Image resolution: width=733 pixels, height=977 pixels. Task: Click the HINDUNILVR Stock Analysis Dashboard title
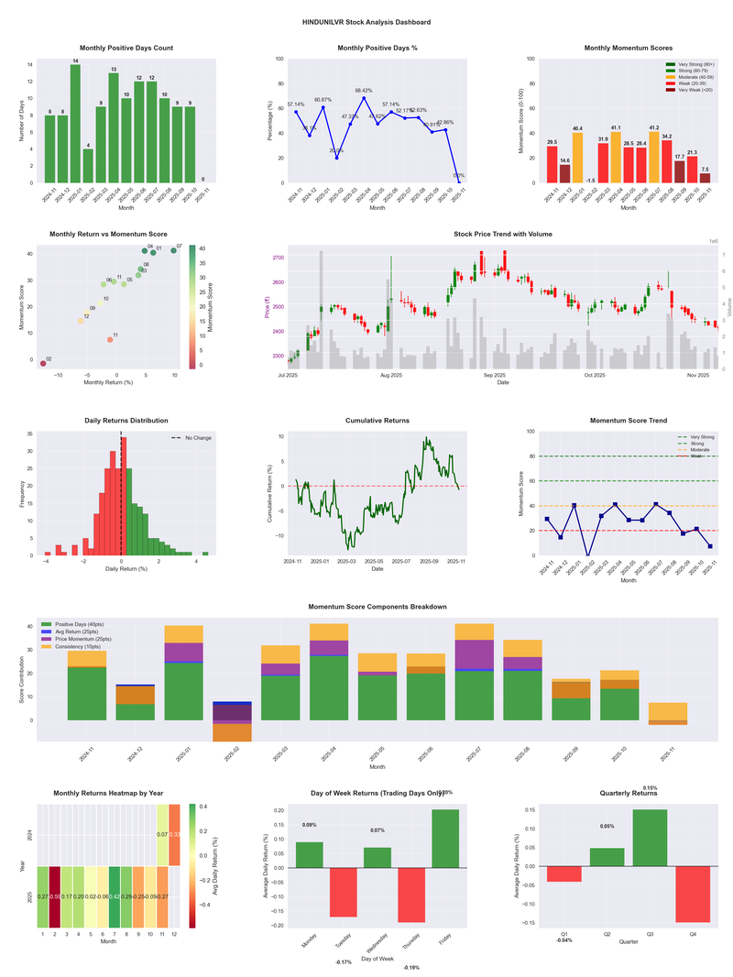point(366,21)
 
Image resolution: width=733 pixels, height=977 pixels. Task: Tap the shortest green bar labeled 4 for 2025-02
point(88,165)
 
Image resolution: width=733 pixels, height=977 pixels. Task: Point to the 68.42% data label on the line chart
point(364,91)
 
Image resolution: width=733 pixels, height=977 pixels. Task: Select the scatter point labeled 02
point(43,364)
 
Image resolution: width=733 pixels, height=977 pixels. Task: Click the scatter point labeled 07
point(173,250)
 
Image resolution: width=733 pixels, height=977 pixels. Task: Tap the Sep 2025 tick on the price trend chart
point(495,375)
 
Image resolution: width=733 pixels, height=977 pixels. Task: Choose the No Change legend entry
point(194,438)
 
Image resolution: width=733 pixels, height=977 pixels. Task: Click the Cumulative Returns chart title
point(377,421)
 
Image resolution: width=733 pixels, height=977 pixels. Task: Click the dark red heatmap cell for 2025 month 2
point(55,897)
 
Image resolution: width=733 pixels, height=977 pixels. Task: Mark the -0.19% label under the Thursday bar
point(411,968)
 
